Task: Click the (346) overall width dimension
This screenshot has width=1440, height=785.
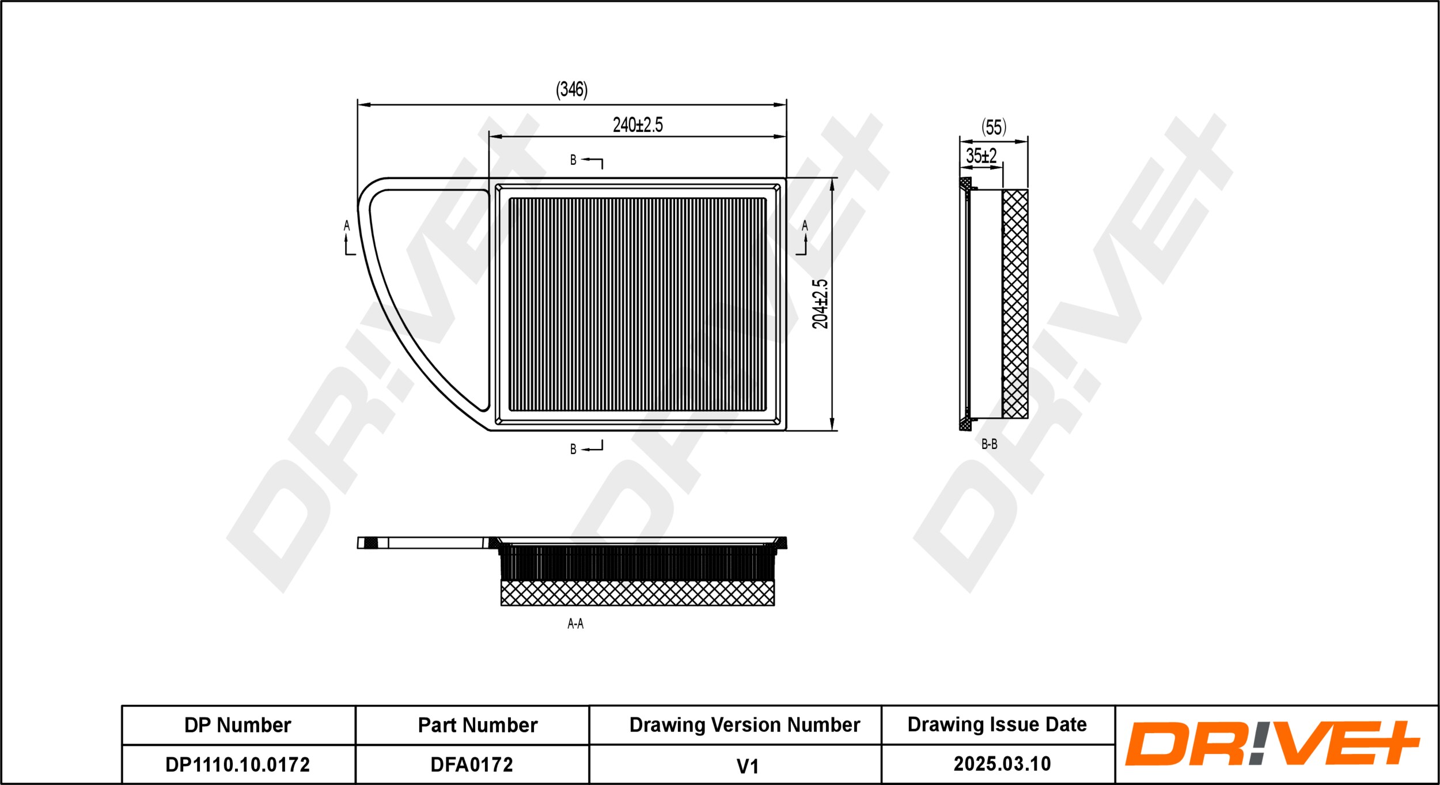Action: tap(571, 90)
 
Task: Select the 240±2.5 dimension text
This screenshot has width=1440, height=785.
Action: tap(638, 125)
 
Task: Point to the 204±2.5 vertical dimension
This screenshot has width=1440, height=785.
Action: tap(820, 304)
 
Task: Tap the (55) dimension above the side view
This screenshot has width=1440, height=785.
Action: tap(994, 127)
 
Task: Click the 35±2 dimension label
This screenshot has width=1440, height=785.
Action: tap(981, 156)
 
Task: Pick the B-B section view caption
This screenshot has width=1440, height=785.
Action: tap(989, 444)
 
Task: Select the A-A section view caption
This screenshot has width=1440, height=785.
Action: tap(575, 624)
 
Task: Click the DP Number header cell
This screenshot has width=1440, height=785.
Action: tap(237, 725)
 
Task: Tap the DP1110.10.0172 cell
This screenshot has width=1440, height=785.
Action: tap(237, 765)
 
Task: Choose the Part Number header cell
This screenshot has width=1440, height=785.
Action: tap(478, 725)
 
